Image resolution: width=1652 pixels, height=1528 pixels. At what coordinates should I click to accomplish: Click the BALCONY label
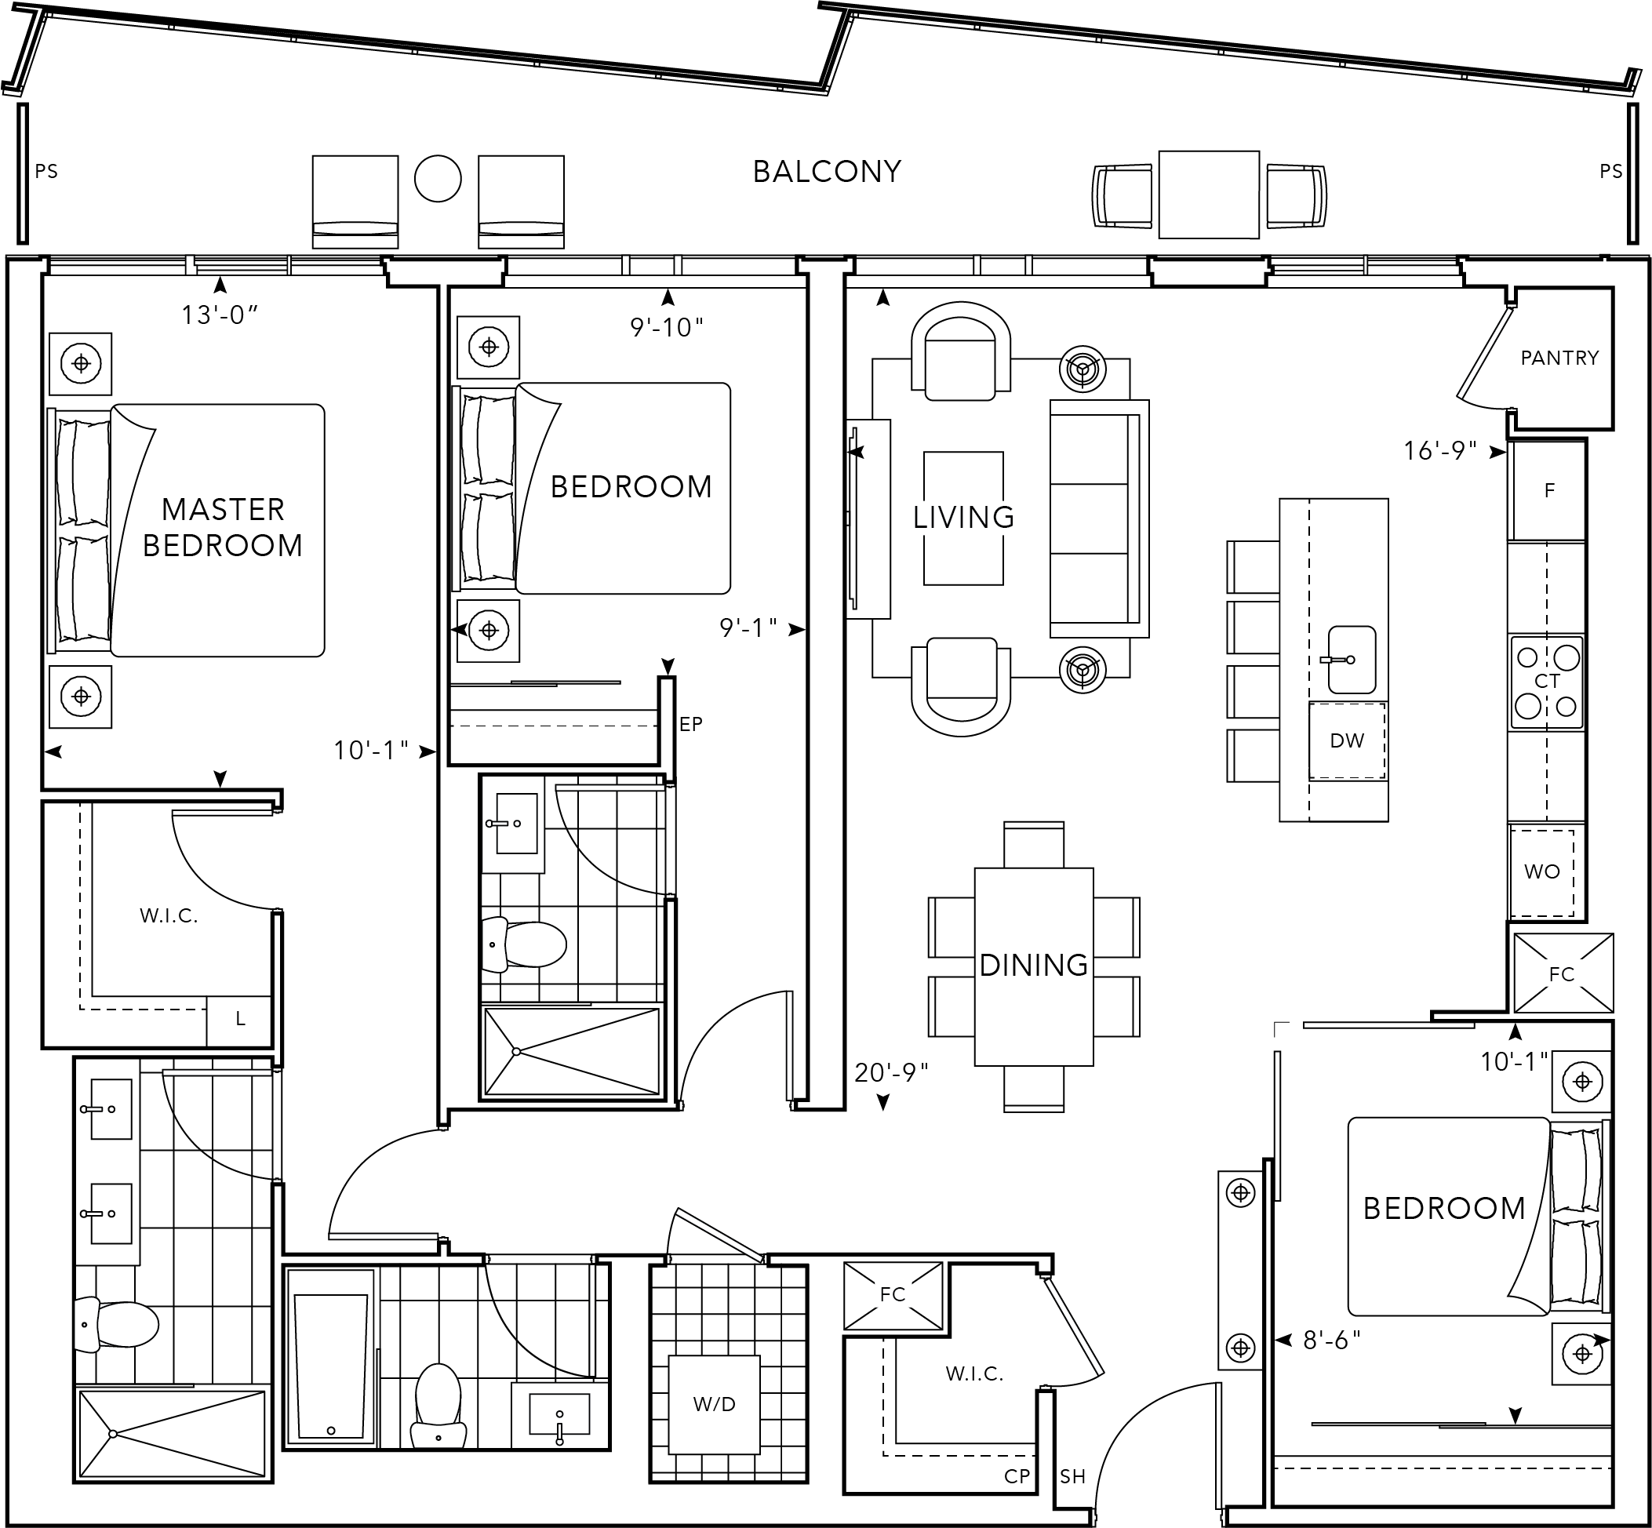coord(826,172)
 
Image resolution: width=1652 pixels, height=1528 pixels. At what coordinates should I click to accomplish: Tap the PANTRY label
coord(1559,358)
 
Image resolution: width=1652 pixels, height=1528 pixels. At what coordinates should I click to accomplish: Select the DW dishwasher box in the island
coord(1346,740)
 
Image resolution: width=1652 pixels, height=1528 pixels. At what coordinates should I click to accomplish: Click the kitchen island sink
coord(1351,660)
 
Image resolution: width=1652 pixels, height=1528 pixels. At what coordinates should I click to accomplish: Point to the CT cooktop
coord(1546,682)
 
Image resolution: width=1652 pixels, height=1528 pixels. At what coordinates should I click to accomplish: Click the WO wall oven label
coord(1541,871)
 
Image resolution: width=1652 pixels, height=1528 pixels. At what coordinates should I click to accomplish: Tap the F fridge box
coord(1548,491)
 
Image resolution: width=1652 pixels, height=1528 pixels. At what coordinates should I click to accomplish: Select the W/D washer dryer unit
coord(715,1404)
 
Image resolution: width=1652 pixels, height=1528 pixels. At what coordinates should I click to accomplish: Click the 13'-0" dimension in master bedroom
coord(220,315)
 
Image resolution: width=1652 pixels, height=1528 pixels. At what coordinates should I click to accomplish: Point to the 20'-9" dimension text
coord(891,1072)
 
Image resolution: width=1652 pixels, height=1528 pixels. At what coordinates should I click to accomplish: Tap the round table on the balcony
coord(438,179)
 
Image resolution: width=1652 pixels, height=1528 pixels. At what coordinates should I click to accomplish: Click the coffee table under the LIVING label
coord(963,518)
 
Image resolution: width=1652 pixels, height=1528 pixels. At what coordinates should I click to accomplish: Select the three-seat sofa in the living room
coord(1098,518)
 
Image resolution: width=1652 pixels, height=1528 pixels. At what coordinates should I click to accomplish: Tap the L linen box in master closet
coord(239,1020)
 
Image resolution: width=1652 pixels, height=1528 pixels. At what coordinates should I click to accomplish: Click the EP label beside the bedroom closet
coord(690,724)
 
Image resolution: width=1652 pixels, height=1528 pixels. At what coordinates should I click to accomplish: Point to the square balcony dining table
coord(1208,195)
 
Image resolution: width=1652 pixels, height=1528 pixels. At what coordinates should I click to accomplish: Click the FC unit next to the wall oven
coord(1562,973)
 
